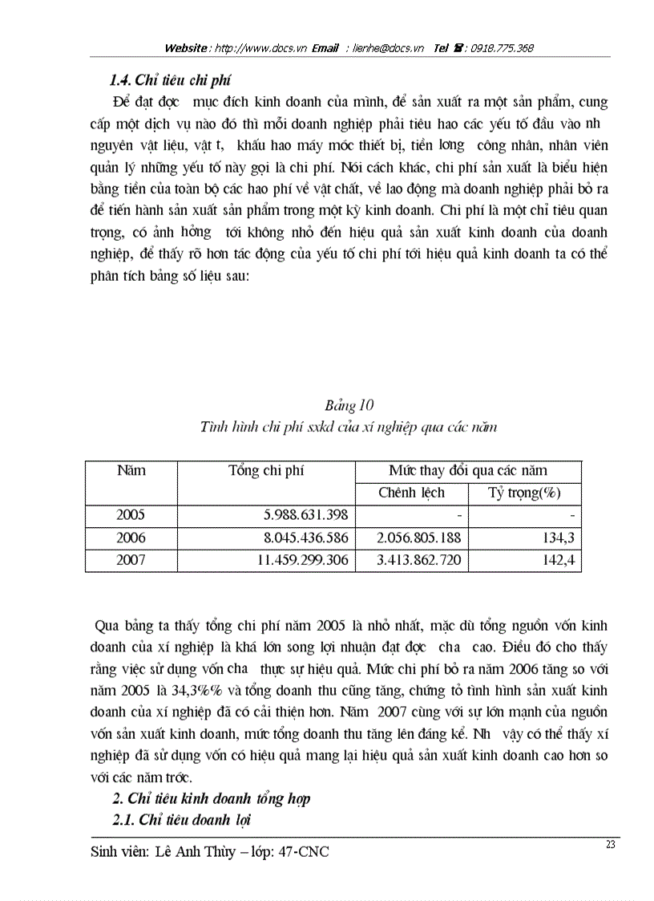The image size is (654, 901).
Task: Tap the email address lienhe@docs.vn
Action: [390, 48]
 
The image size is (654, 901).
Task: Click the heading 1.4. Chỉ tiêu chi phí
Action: [171, 79]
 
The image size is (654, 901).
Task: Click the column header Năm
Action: [131, 470]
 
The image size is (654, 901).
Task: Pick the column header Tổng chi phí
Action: [266, 470]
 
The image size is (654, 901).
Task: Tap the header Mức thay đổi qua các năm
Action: [468, 470]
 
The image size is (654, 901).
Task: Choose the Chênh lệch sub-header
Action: [411, 493]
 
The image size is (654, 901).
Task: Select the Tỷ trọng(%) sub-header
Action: [524, 493]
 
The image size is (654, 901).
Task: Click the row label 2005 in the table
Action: [131, 515]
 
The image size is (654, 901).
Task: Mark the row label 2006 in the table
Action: [131, 538]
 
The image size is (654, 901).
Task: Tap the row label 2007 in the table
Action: [131, 560]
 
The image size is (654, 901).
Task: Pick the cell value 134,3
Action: [559, 538]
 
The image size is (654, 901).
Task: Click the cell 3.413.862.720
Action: [419, 560]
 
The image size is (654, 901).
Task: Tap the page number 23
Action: [611, 844]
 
